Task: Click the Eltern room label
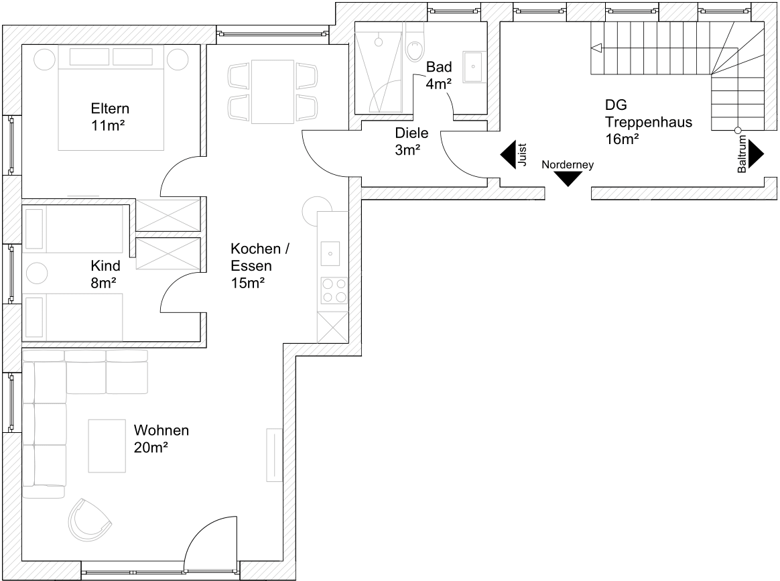(x=110, y=109)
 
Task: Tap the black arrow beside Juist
(x=508, y=155)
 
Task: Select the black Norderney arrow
(x=568, y=179)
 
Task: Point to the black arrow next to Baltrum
(x=756, y=153)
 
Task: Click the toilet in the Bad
(x=414, y=45)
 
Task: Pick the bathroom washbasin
(x=474, y=66)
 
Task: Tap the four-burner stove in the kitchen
(x=334, y=291)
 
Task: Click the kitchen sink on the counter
(x=330, y=253)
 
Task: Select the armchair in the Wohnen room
(x=89, y=519)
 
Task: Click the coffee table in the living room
(x=107, y=446)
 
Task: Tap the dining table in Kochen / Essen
(x=273, y=92)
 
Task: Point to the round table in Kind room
(x=37, y=273)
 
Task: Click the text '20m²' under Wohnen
(x=150, y=447)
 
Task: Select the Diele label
(x=411, y=133)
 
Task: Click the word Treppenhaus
(x=649, y=122)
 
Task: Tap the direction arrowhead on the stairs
(x=596, y=48)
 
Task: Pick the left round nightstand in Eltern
(x=44, y=60)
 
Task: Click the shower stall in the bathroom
(x=379, y=67)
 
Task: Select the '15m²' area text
(x=247, y=283)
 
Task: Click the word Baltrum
(x=742, y=154)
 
